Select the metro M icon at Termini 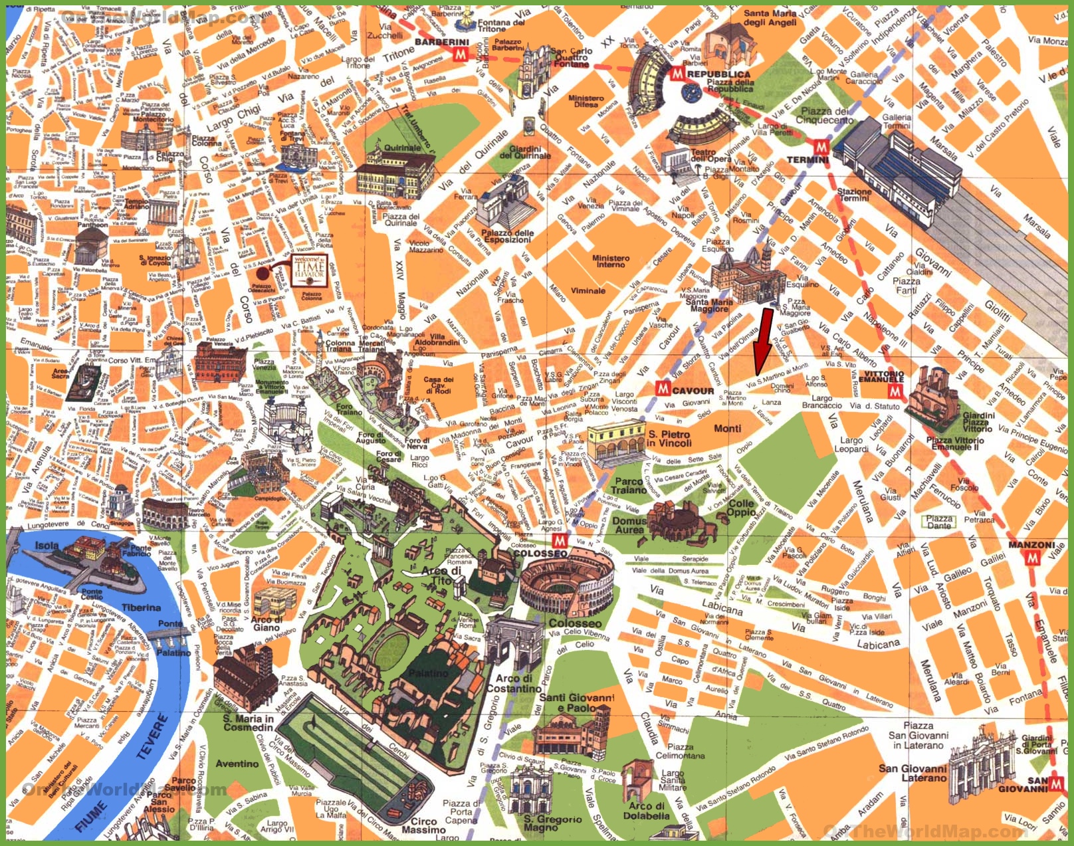tap(821, 147)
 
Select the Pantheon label tap(92, 225)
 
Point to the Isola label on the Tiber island tap(47, 546)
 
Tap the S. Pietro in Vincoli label tap(669, 439)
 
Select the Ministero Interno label tap(611, 261)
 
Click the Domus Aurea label tap(629, 525)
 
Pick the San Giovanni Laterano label tap(912, 773)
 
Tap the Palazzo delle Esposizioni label tap(507, 237)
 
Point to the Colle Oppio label tap(741, 508)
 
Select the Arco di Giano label tap(266, 623)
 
